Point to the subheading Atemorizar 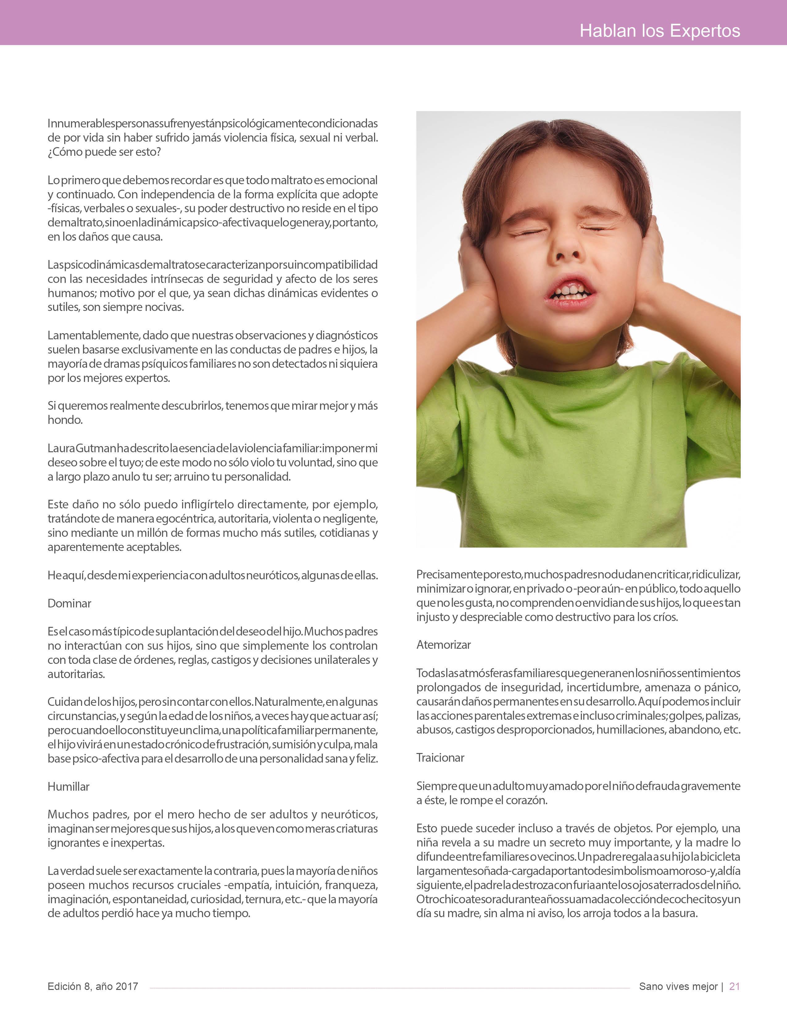point(443,645)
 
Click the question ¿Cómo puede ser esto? point(104,152)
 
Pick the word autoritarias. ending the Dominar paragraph point(76,674)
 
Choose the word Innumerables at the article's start point(75,123)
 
